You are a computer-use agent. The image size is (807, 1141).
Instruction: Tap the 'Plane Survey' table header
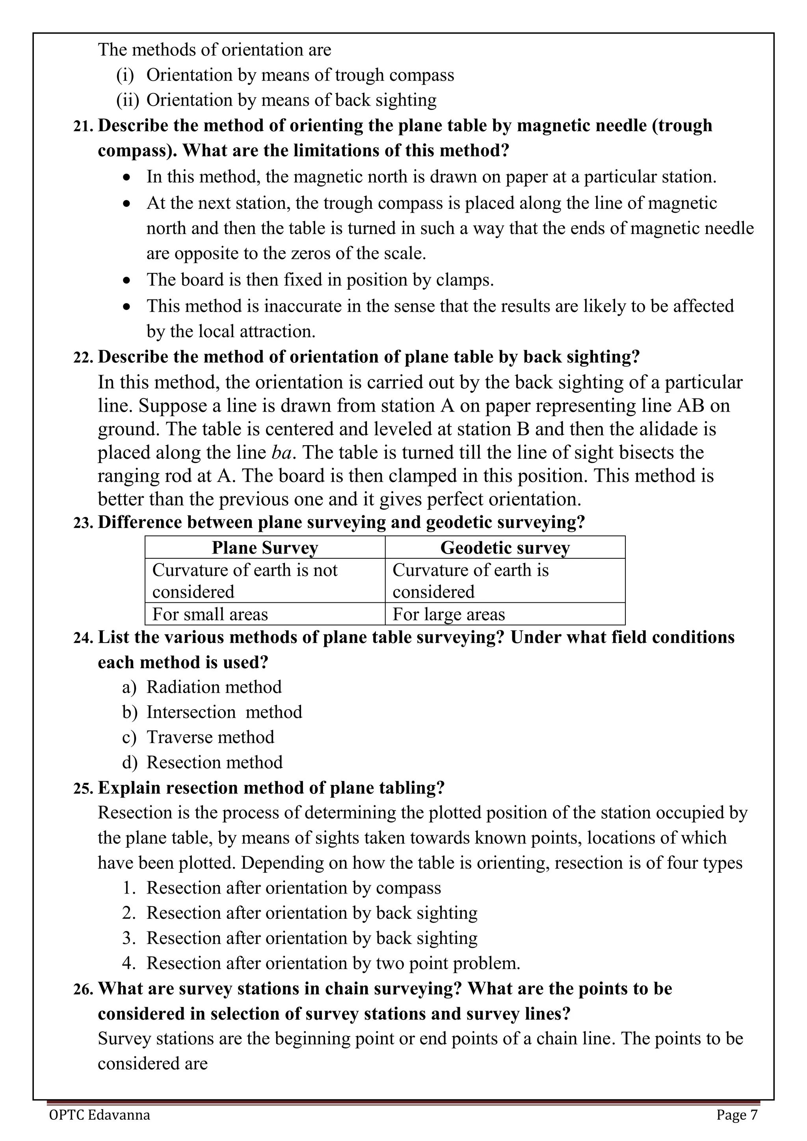[x=264, y=548]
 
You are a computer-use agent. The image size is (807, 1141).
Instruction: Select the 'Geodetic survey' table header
[x=504, y=548]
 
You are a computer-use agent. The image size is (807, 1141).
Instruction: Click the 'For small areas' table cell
[x=210, y=614]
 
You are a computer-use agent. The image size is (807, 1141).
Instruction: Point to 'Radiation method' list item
[x=214, y=687]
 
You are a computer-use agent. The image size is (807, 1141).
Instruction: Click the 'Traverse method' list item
[x=210, y=737]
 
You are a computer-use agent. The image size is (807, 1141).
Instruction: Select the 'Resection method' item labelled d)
[x=214, y=762]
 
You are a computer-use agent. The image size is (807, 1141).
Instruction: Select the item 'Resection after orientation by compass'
[x=293, y=888]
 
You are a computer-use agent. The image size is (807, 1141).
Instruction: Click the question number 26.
[x=83, y=989]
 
